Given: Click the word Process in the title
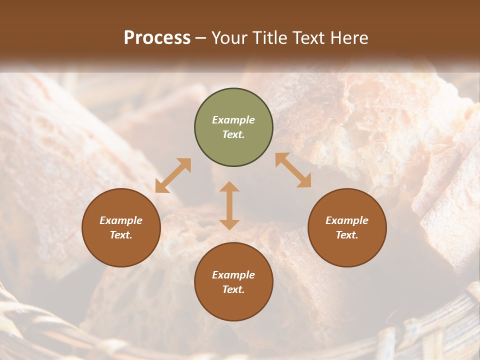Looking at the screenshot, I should [157, 38].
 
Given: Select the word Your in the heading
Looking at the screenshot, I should [230, 38].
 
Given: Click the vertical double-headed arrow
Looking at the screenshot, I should [229, 205].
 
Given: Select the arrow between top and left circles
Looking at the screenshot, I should [173, 175].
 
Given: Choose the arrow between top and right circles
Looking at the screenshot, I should [293, 170].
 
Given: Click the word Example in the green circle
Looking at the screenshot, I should [233, 120].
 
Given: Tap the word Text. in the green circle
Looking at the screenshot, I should [233, 134].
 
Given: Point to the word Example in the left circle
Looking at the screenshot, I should [121, 220].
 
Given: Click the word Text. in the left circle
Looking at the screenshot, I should [121, 235].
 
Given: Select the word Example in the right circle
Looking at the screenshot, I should [347, 220].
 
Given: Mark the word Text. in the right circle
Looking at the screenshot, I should [347, 235].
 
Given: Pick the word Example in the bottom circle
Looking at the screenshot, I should [233, 275].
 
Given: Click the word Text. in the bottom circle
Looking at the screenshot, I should [233, 289].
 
